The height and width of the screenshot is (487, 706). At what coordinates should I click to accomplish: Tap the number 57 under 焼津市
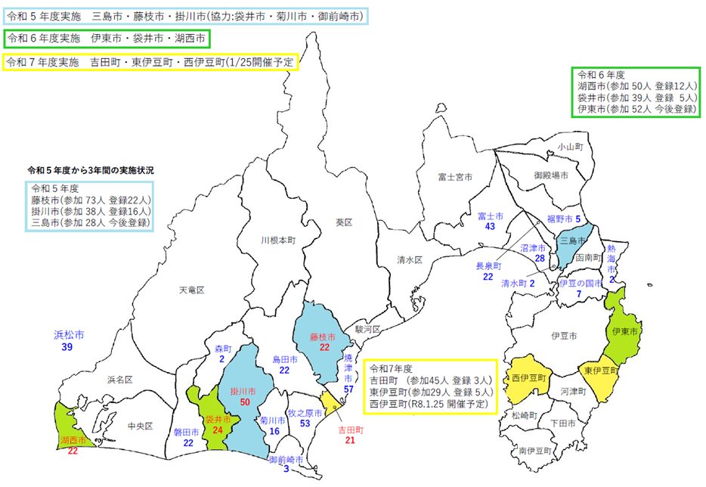pos(348,389)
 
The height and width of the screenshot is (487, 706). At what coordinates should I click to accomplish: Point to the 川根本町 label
pos(276,240)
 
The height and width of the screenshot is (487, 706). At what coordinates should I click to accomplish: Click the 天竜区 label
pos(192,290)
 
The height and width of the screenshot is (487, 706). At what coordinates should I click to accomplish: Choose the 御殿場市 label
pos(550,175)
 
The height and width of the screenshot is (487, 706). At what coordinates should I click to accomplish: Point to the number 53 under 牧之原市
pos(305,424)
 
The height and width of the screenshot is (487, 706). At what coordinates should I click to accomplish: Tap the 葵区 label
pos(344,222)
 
